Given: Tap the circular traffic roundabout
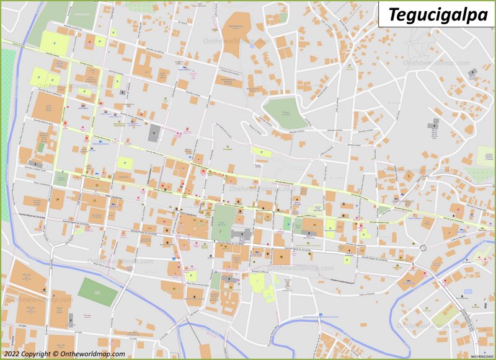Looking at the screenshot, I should (422, 248).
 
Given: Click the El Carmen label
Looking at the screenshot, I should (466, 262).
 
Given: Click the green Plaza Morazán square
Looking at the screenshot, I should (224, 222).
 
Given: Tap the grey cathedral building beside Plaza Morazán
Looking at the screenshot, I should (241, 235).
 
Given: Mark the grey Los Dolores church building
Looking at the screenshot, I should (154, 133).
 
